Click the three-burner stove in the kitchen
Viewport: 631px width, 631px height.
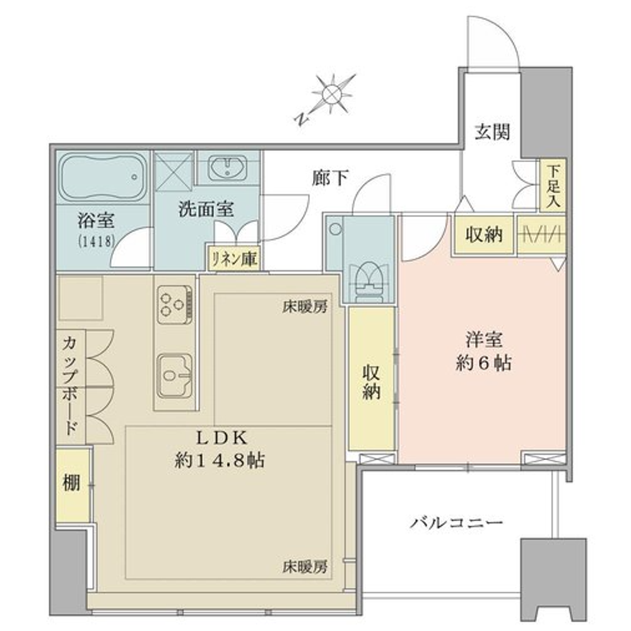pyautogui.click(x=175, y=305)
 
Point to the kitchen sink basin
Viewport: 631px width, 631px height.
pyautogui.click(x=175, y=376)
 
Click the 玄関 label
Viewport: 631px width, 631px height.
pyautogui.click(x=492, y=132)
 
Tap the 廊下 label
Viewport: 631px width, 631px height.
pyautogui.click(x=331, y=177)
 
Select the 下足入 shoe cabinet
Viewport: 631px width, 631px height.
pyautogui.click(x=553, y=186)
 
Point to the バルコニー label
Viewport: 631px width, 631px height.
pyautogui.click(x=456, y=522)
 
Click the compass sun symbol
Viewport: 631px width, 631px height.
pyautogui.click(x=333, y=94)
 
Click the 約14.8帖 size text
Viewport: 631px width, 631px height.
pyautogui.click(x=220, y=461)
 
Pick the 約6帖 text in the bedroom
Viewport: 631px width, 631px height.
pyautogui.click(x=483, y=363)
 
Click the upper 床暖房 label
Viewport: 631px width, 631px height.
pyautogui.click(x=305, y=307)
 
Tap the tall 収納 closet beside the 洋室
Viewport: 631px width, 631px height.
pyautogui.click(x=371, y=378)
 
